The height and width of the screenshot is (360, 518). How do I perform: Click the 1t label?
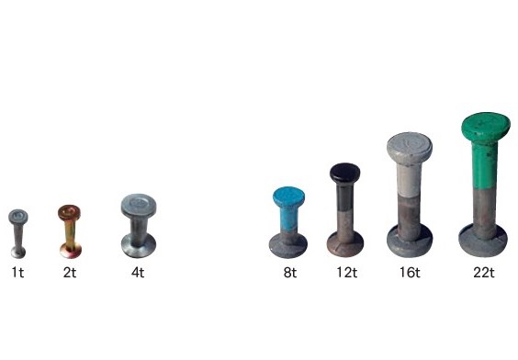17,273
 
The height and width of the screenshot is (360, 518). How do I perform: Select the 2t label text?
70,273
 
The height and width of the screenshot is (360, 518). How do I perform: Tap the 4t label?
138,273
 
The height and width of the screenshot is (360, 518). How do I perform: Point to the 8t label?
290,273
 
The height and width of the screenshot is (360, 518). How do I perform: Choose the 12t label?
347,273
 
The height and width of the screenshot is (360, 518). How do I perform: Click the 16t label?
410,273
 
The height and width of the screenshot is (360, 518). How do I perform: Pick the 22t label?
484,273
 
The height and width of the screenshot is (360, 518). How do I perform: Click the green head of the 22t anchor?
486,126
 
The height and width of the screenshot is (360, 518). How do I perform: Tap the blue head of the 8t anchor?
288,197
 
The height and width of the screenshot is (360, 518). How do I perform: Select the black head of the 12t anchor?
345,173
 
